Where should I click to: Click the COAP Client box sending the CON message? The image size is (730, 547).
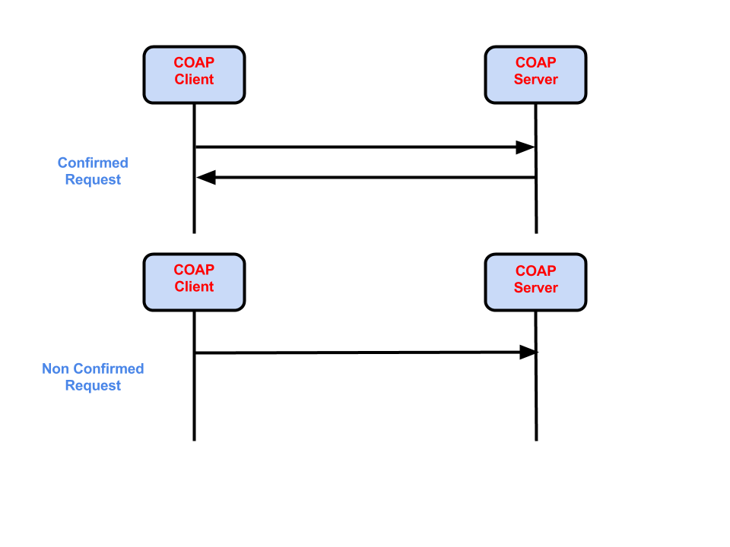(x=194, y=74)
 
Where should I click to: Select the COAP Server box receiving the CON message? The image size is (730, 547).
(x=535, y=74)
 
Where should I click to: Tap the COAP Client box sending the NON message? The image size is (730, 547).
(x=194, y=282)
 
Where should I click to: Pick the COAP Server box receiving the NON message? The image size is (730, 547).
(x=535, y=282)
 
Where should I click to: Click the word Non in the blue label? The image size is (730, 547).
(x=56, y=369)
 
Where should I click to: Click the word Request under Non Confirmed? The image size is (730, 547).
(x=93, y=386)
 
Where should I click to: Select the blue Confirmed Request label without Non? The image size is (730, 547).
(x=93, y=171)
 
